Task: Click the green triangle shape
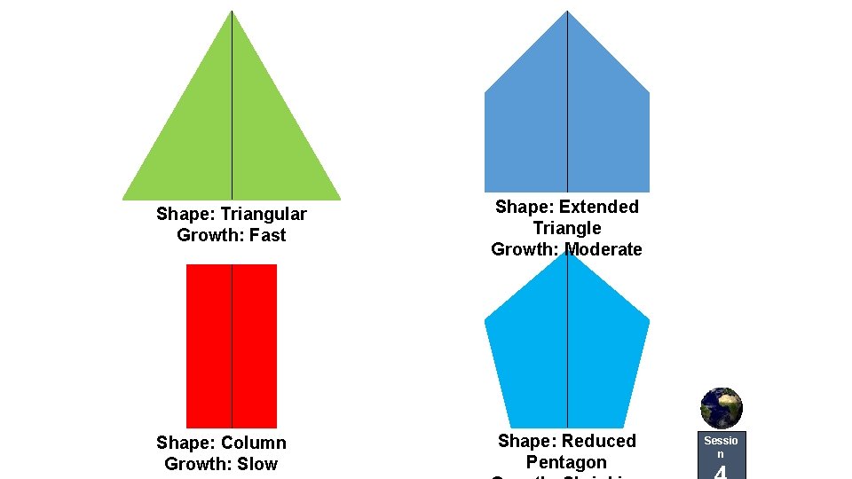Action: (x=232, y=133)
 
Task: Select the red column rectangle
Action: (x=232, y=346)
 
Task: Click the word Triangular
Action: (x=264, y=214)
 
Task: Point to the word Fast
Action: (x=267, y=235)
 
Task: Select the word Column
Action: (x=254, y=443)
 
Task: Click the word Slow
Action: (x=258, y=464)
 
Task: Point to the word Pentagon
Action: (x=566, y=462)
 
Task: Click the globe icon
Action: (x=721, y=408)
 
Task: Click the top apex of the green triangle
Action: (x=232, y=12)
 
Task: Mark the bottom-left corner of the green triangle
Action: (x=123, y=198)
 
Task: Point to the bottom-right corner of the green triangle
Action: (x=340, y=198)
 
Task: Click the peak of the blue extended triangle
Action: (x=567, y=12)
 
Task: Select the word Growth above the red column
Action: (x=206, y=235)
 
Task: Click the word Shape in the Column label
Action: (x=185, y=443)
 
